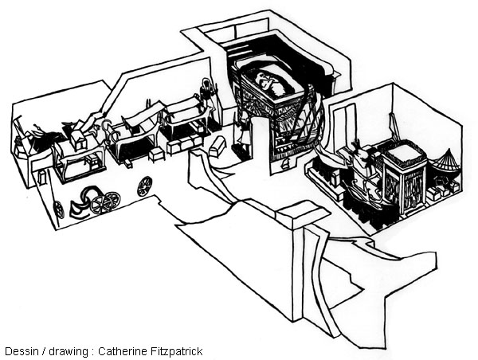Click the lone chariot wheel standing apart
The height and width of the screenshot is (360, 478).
coord(145,186)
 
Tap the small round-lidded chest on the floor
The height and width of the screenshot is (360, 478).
coord(217,147)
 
